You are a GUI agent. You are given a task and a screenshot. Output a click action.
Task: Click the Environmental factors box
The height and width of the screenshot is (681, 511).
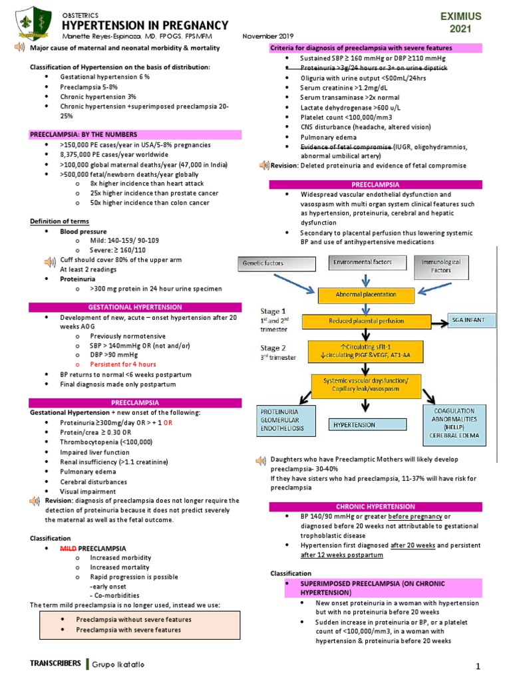(362, 263)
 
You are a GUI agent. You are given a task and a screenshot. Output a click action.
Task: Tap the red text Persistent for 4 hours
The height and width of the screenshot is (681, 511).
(123, 364)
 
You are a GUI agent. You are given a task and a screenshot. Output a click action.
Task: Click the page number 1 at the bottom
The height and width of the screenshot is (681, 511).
(478, 666)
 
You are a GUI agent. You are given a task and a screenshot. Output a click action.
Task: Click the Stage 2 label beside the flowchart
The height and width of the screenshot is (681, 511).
(273, 348)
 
